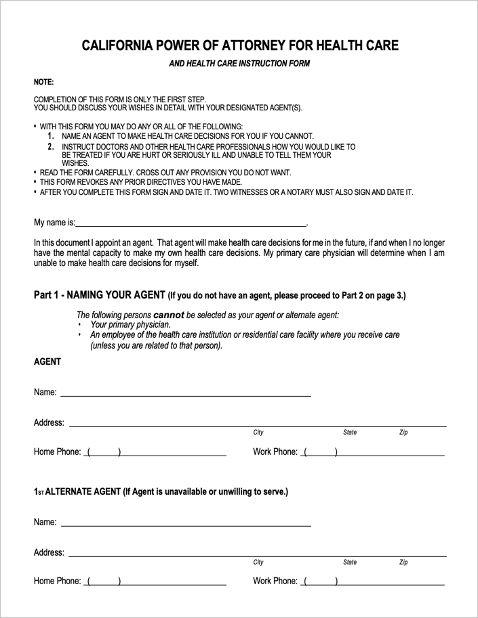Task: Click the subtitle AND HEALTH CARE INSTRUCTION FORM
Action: pos(239,64)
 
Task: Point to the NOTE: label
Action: pos(43,82)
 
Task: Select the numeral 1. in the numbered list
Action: pos(52,136)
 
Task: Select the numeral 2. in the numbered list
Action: pos(52,146)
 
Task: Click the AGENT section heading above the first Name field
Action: pos(47,361)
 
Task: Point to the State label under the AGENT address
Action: pos(350,433)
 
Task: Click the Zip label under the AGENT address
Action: pos(403,433)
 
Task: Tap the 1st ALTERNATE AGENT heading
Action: pos(161,491)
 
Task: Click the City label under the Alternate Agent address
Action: pos(258,562)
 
